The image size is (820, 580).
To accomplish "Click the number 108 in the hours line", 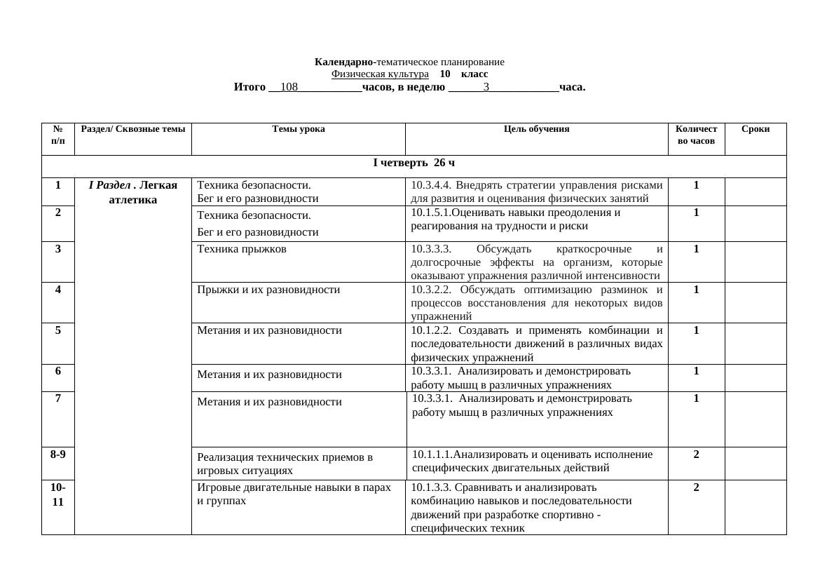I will [289, 87].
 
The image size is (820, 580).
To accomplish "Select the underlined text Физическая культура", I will [380, 74].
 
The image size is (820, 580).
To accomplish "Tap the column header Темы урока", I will [298, 129].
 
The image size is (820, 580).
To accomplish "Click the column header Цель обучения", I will [536, 129].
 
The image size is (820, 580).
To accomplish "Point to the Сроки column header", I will [755, 129].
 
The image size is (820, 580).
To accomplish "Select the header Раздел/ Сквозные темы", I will [133, 129].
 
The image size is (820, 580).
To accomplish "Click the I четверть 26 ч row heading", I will [414, 163].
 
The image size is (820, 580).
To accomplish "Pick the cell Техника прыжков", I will [242, 249].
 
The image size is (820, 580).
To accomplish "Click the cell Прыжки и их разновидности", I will [268, 290].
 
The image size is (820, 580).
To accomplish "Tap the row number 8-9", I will [58, 454].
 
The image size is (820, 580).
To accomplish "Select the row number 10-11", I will [58, 494].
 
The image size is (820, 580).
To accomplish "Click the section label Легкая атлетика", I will [133, 192].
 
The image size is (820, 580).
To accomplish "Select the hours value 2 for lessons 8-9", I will [696, 454].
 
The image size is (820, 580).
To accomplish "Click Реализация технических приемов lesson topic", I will [285, 458].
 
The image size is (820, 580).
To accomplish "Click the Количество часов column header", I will [696, 135].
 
